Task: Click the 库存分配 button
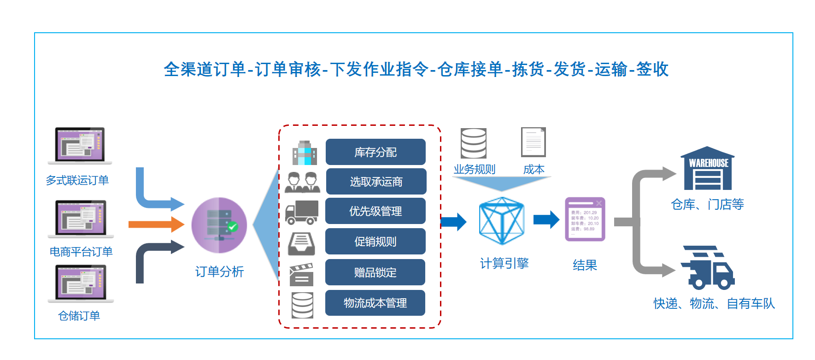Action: point(375,152)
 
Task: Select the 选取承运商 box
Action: point(376,182)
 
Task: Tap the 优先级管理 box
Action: point(375,211)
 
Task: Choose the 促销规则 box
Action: point(375,242)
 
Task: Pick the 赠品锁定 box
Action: point(375,272)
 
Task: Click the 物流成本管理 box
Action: point(375,303)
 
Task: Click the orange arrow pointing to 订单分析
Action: point(156,224)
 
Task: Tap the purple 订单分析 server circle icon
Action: point(219,225)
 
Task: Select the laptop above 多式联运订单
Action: point(80,145)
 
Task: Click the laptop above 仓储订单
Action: point(81,283)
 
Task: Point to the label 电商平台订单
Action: point(81,252)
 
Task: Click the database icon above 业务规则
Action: point(474,143)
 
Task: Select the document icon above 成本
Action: point(533,142)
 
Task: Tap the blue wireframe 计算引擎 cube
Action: point(502,221)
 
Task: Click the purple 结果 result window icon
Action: point(585,219)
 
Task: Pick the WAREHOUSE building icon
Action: point(708,169)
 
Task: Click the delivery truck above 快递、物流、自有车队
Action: point(708,268)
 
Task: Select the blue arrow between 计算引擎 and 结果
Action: point(546,220)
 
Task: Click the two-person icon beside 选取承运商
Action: point(302,182)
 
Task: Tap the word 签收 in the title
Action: point(652,69)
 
